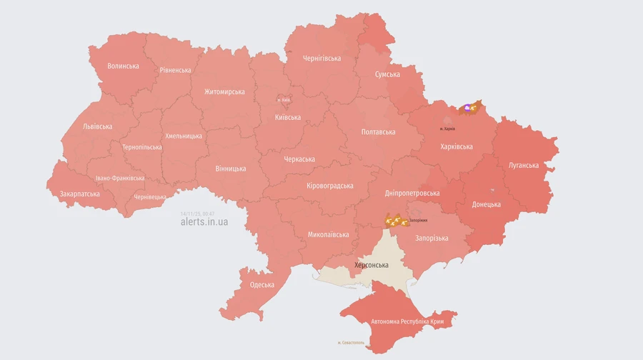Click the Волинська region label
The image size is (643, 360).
pos(123,66)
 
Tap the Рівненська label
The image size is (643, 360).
pos(175,70)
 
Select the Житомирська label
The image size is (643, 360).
pos(224,91)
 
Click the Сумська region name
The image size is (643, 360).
pos(387,74)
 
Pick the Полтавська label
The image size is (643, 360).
pos(378,131)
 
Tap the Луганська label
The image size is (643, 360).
pos(524,165)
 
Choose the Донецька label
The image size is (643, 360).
pos(487,204)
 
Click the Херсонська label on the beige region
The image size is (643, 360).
pos(372,265)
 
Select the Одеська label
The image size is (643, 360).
pos(262,285)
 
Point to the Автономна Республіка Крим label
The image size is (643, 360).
pos(403,322)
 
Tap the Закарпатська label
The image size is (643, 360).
pos(80,194)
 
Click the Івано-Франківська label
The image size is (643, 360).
pos(120,179)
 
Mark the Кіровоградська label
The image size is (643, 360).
pos(330,186)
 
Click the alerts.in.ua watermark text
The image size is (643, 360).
pos(205,222)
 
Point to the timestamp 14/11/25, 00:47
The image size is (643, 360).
pos(198,213)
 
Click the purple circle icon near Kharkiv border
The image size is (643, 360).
pos(467,109)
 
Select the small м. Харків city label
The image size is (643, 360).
pos(447,129)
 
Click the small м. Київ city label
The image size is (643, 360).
pos(284,100)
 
